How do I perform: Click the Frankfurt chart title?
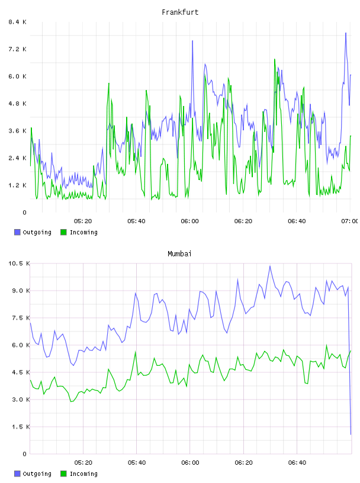click(180, 12)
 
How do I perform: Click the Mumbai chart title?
click(179, 253)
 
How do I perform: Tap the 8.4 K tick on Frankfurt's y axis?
click(17, 22)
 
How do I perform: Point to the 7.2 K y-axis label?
click(17, 49)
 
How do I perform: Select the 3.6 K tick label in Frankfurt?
click(17, 131)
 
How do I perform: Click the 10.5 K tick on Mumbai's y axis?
click(19, 263)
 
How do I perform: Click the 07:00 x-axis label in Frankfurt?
click(349, 221)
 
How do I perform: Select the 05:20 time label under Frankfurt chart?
click(83, 221)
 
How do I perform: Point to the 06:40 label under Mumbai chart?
click(297, 462)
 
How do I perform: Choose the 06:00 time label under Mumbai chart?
click(190, 462)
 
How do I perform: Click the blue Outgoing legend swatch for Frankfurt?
click(17, 232)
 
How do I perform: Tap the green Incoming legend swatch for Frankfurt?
click(63, 232)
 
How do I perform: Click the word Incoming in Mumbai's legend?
click(83, 474)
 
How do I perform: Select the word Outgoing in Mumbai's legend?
click(37, 474)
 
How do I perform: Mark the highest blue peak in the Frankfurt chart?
click(346, 33)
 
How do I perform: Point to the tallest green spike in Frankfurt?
click(275, 59)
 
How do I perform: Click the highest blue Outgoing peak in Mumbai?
click(270, 266)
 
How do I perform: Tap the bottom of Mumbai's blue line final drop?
click(351, 434)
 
